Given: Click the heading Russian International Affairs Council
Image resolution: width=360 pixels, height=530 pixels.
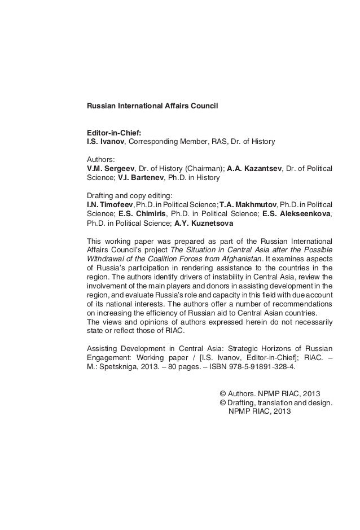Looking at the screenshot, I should point(151,106).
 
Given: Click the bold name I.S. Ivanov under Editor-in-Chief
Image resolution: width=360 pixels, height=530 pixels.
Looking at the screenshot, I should point(104,141).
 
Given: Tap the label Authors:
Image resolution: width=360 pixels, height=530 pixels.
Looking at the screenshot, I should point(100,160).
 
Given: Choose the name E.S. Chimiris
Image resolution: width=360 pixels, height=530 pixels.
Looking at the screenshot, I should point(143,214).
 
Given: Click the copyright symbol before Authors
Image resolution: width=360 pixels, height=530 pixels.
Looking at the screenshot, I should point(222,393).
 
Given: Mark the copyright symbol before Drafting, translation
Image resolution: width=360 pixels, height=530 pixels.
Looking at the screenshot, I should point(222,402).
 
